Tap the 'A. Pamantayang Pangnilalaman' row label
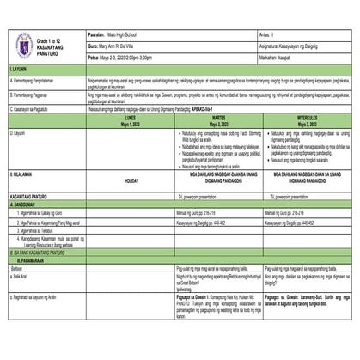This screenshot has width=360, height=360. (x=38, y=78)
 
